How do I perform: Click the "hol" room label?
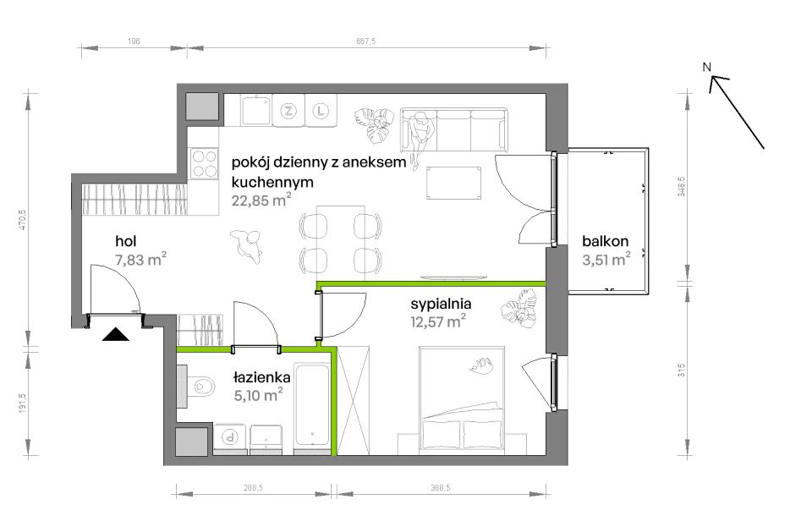pyautogui.click(x=126, y=241)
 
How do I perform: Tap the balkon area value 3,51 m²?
pyautogui.click(x=606, y=259)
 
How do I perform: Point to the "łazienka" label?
pyautogui.click(x=261, y=377)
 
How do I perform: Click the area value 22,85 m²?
pyautogui.click(x=261, y=200)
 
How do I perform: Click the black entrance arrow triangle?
pyautogui.click(x=116, y=334)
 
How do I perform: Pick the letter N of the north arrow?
pyautogui.click(x=706, y=67)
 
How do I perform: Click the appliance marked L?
pyautogui.click(x=321, y=110)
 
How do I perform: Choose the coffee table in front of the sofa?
pyautogui.click(x=454, y=183)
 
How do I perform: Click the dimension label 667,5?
pyautogui.click(x=365, y=41)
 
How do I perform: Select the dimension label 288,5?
pyautogui.click(x=253, y=487)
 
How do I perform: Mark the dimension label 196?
pyautogui.click(x=134, y=41)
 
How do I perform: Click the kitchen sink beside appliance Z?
pyautogui.click(x=255, y=110)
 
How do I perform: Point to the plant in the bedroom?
pyautogui.click(x=520, y=310)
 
